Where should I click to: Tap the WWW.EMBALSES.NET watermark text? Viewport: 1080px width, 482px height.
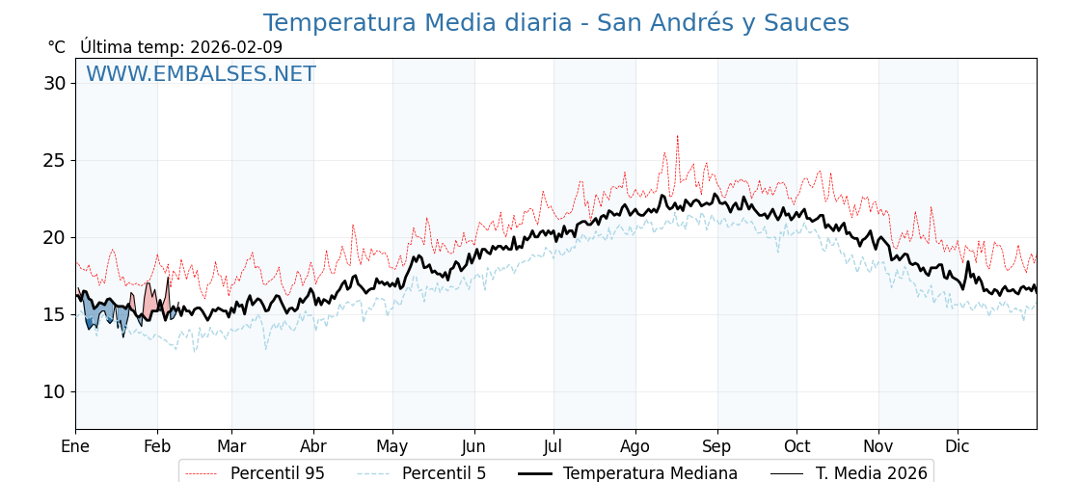tap(201, 74)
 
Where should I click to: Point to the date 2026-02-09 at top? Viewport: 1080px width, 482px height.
tap(236, 47)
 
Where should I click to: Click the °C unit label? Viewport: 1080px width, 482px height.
tap(56, 47)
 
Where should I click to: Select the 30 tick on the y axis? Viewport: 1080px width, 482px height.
tap(54, 83)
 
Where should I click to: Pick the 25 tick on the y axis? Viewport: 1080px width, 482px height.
tap(54, 160)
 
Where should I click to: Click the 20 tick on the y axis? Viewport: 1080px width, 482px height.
tap(54, 237)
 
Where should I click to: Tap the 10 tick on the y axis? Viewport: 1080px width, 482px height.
tap(54, 391)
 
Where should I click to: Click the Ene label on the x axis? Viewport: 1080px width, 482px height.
tap(75, 446)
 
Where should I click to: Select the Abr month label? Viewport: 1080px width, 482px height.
tap(313, 446)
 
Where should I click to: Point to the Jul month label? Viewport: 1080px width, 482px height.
tap(553, 446)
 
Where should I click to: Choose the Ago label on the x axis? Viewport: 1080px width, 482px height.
tap(635, 446)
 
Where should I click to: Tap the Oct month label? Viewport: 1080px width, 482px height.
tap(796, 446)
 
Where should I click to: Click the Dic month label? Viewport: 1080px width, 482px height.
tap(958, 446)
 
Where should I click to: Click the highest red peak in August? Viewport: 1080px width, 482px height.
tap(677, 137)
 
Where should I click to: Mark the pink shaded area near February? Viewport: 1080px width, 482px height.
tap(150, 301)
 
